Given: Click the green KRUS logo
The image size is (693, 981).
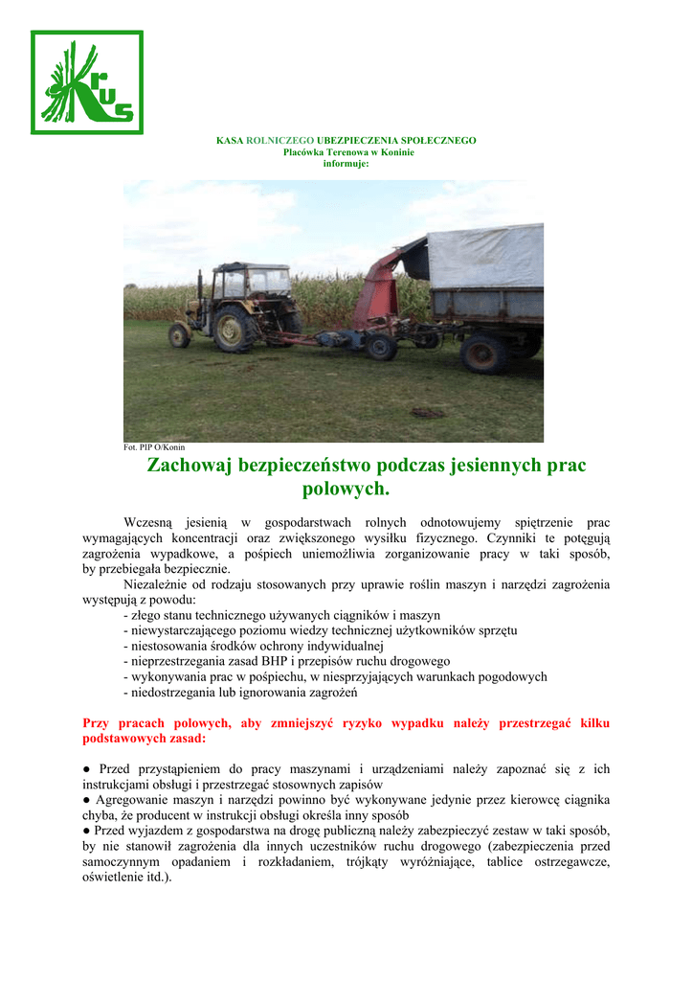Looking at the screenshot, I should [87, 82].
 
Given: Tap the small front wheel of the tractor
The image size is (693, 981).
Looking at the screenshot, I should [179, 335].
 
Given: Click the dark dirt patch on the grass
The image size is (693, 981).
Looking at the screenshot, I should [428, 413].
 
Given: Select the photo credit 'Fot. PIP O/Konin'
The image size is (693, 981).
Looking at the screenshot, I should [154, 446].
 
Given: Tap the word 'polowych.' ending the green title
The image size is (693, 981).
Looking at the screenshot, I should [346, 490].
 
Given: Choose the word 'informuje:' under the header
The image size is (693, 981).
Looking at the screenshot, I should [346, 164].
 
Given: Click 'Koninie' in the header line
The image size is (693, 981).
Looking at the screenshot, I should [394, 152].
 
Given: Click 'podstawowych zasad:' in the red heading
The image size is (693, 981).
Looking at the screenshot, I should [144, 740].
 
